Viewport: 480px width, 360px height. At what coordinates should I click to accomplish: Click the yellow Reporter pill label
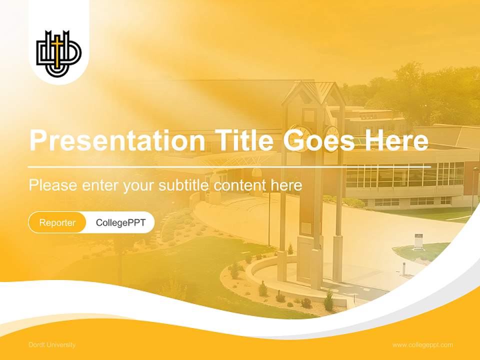[x=57, y=222]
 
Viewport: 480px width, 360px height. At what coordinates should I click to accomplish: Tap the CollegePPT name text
[x=120, y=222]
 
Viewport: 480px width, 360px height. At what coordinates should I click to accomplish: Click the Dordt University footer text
[x=52, y=345]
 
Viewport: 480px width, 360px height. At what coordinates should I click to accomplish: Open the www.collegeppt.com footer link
[x=422, y=345]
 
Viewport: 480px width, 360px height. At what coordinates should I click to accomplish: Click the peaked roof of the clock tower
[x=313, y=93]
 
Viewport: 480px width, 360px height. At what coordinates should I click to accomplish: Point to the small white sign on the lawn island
[x=418, y=240]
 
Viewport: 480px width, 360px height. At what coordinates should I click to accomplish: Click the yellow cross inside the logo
[x=58, y=52]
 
